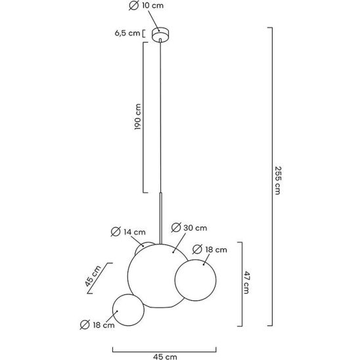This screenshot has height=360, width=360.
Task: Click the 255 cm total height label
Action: click(x=278, y=180)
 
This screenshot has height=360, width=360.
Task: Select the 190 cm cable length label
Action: click(x=137, y=117)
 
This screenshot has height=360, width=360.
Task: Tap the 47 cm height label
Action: click(x=246, y=282)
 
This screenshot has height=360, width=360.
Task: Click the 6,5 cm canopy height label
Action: click(x=127, y=33)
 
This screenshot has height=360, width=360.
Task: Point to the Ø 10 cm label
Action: click(x=146, y=5)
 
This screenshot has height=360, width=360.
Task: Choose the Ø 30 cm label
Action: click(x=189, y=227)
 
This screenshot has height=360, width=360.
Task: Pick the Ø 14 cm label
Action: click(x=128, y=232)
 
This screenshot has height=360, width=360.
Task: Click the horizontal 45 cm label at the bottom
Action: click(x=165, y=357)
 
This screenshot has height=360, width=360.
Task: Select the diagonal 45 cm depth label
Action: click(x=93, y=276)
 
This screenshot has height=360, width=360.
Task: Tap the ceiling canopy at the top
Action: click(x=160, y=35)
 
